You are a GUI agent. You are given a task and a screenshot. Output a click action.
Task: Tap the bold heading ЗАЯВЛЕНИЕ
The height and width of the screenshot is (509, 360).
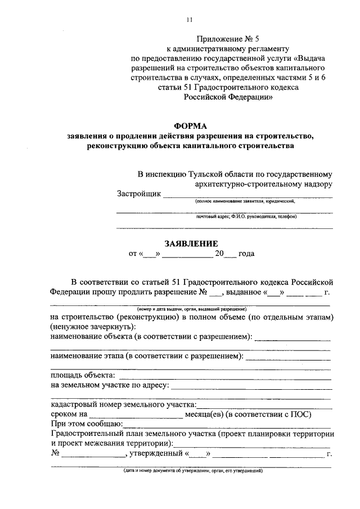point(190,244)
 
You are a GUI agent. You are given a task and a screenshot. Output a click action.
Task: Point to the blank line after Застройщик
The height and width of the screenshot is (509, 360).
point(247,196)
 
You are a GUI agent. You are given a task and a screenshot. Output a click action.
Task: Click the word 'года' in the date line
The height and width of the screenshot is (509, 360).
point(246,254)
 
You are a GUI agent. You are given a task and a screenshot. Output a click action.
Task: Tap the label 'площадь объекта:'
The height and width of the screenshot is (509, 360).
point(83,375)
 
